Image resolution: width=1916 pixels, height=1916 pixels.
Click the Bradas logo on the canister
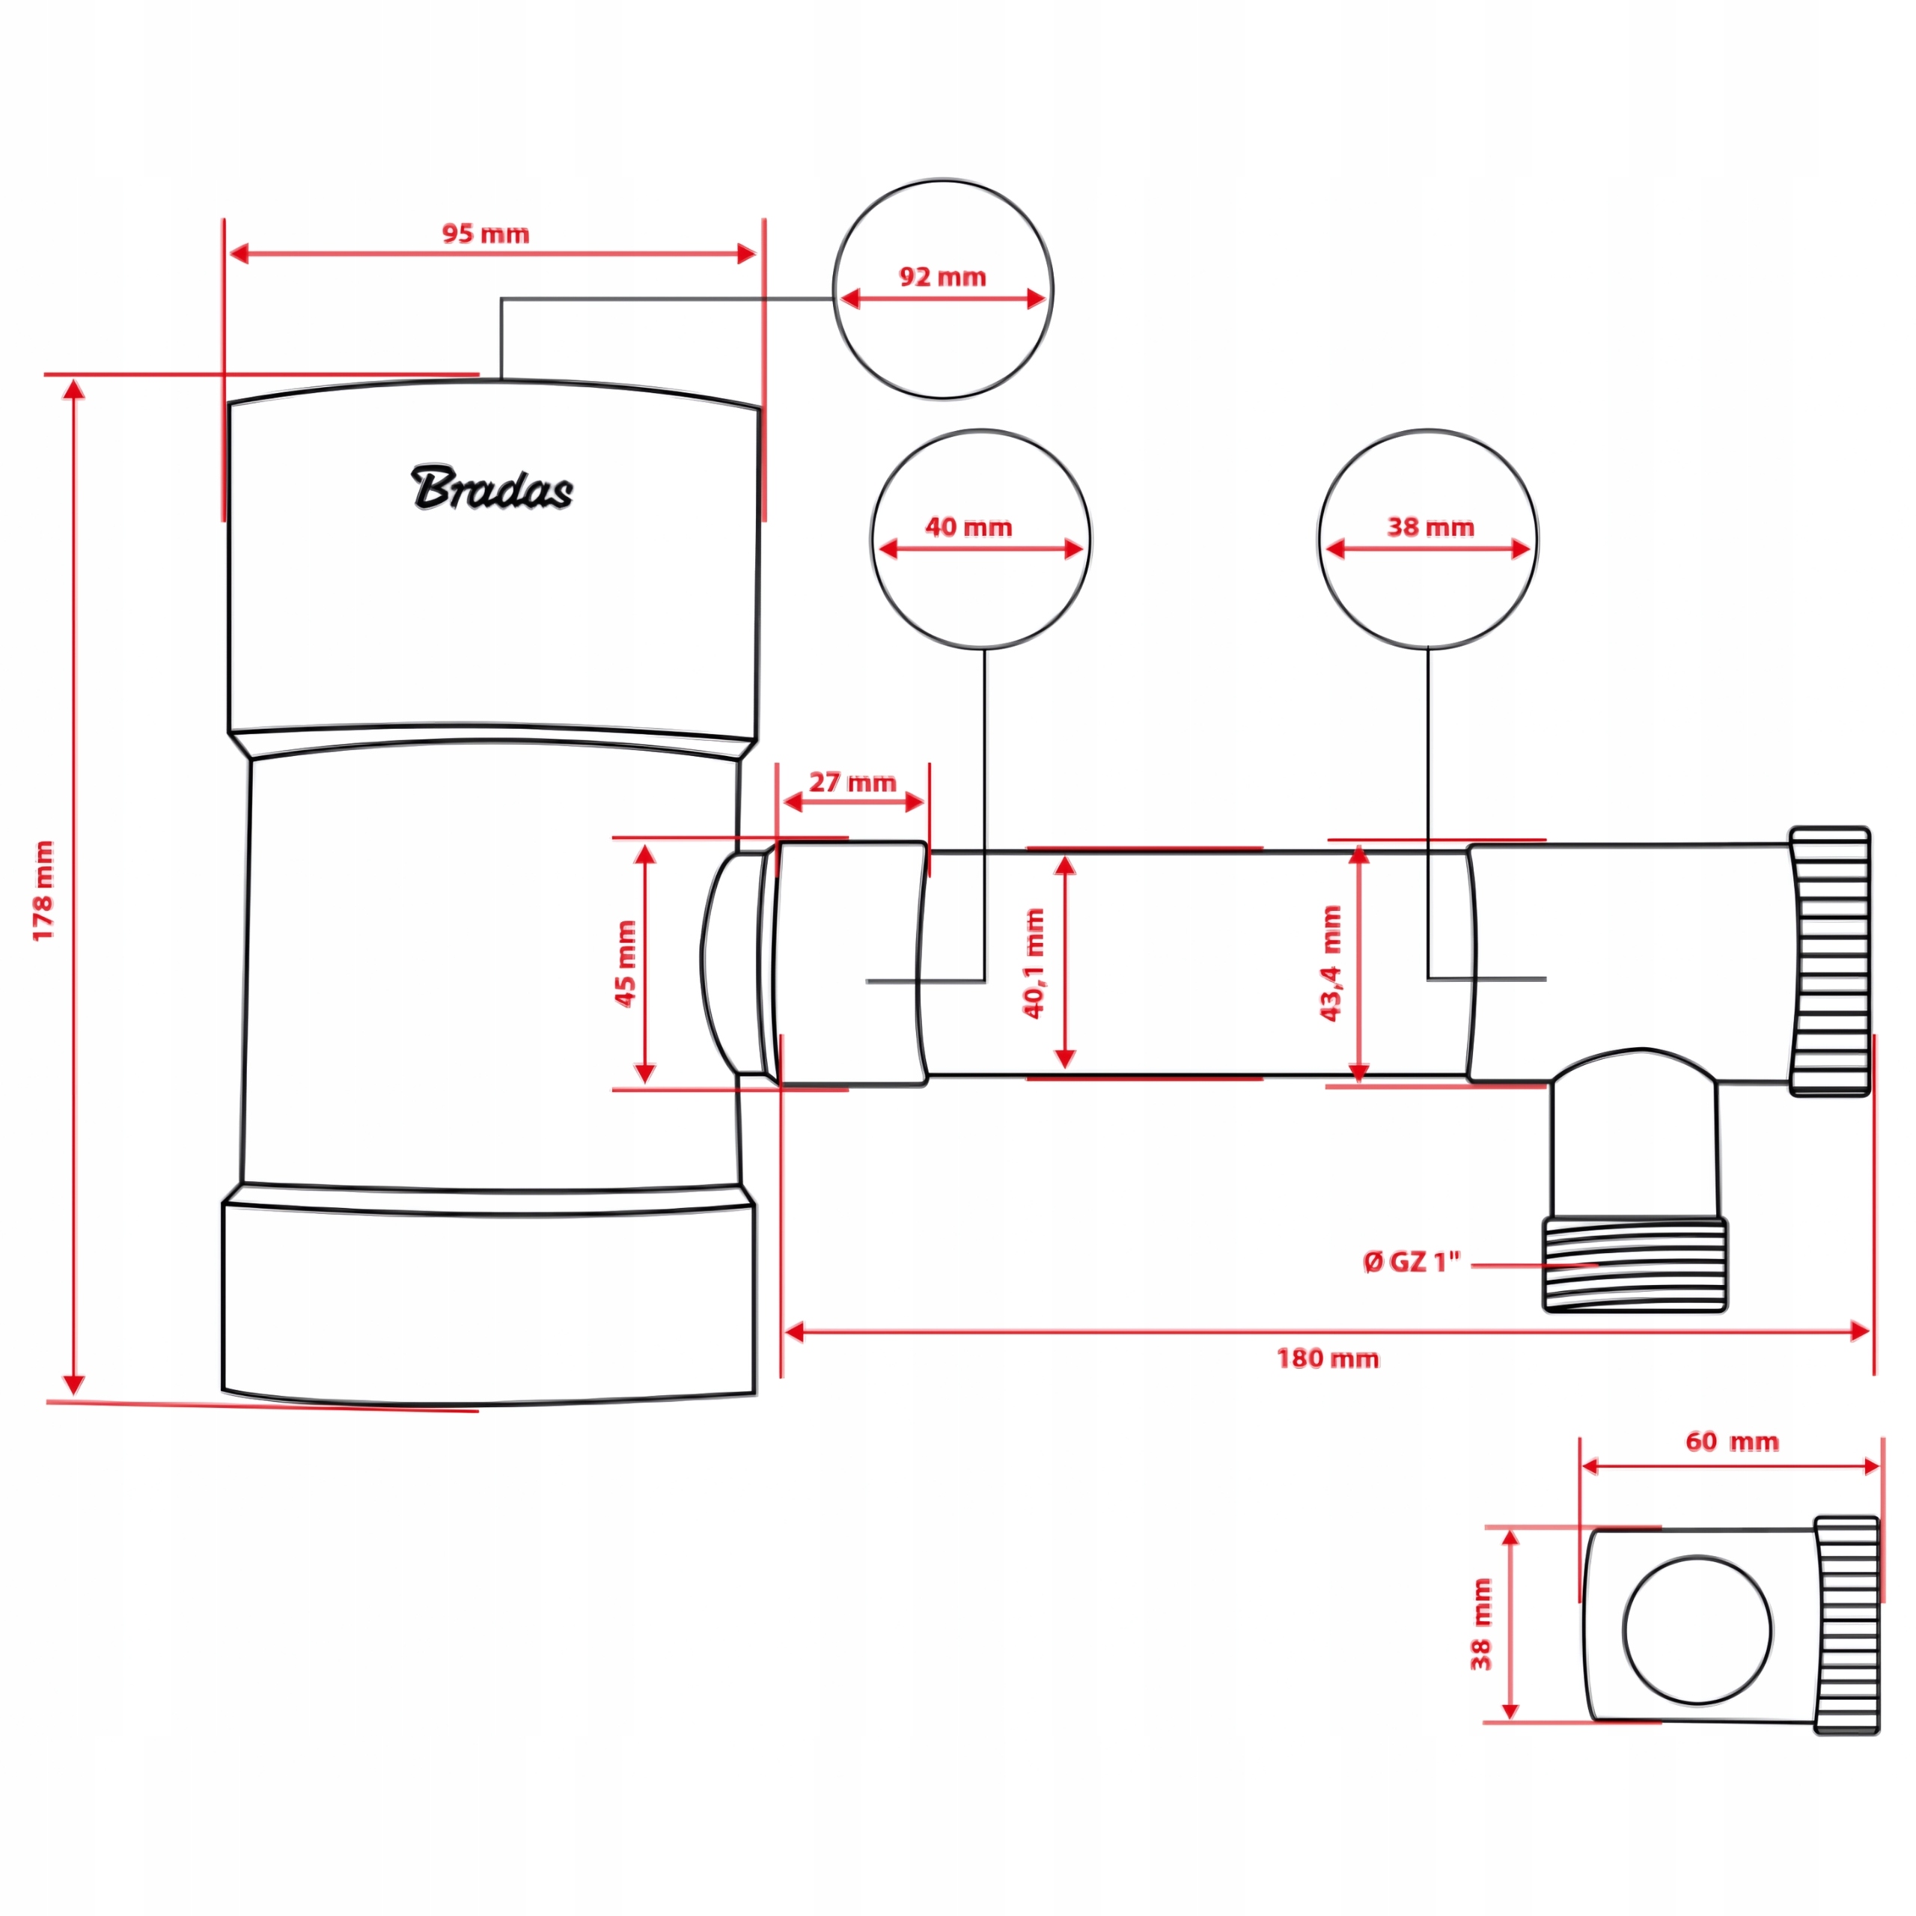coord(492,488)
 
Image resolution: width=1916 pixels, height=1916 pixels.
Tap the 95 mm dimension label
coord(485,234)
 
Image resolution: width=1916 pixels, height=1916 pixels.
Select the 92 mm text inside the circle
coord(942,277)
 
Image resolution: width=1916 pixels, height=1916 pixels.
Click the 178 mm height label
coord(43,891)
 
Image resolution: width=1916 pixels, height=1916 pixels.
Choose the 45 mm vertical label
coord(626,963)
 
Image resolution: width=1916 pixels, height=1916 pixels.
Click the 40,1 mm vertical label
coord(1034,963)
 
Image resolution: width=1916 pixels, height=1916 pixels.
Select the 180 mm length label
coord(1327,1358)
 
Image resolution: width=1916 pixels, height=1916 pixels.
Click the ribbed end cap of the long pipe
coord(1830,961)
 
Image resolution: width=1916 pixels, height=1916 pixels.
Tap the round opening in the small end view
coord(1697,1632)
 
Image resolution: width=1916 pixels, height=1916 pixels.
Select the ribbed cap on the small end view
coord(1846,1626)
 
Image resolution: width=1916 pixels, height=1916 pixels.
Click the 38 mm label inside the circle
coord(1430,527)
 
